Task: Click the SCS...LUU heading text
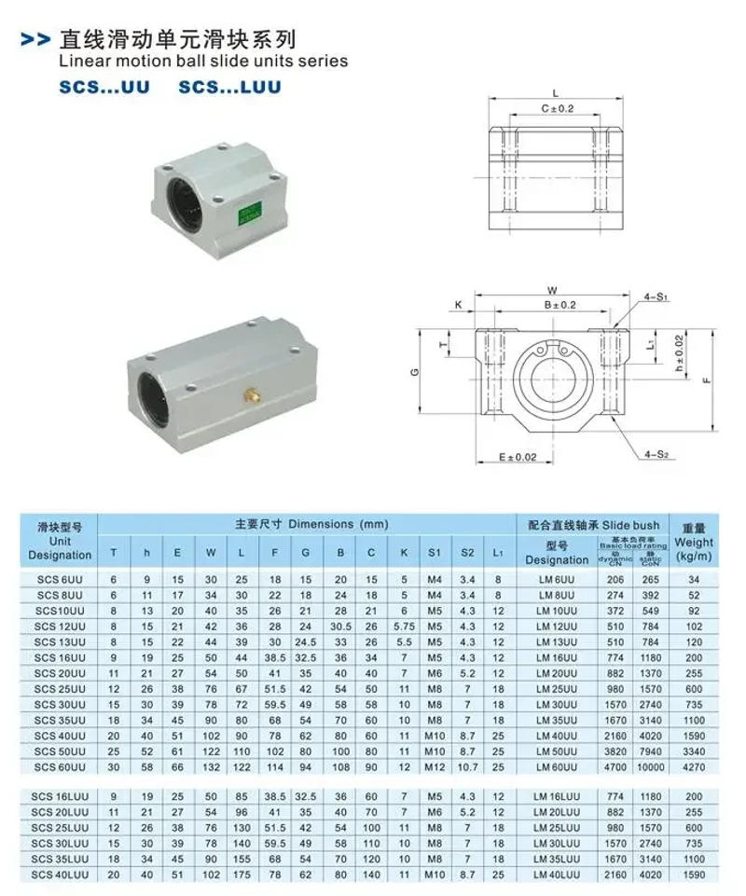click(229, 87)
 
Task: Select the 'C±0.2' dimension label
click(558, 109)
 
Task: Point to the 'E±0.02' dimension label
click(519, 457)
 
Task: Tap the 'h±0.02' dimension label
click(679, 354)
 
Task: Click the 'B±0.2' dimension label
click(560, 305)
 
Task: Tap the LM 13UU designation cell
click(557, 641)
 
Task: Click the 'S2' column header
click(467, 553)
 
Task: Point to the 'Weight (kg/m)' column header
click(694, 542)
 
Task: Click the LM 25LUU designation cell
click(557, 827)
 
